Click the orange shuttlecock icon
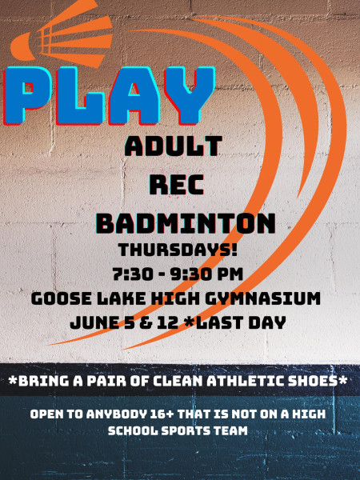[x=62, y=34]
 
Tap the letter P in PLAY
[x=27, y=95]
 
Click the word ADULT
[x=174, y=146]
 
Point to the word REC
[x=177, y=185]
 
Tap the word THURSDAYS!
[x=178, y=250]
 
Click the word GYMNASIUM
[x=262, y=298]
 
